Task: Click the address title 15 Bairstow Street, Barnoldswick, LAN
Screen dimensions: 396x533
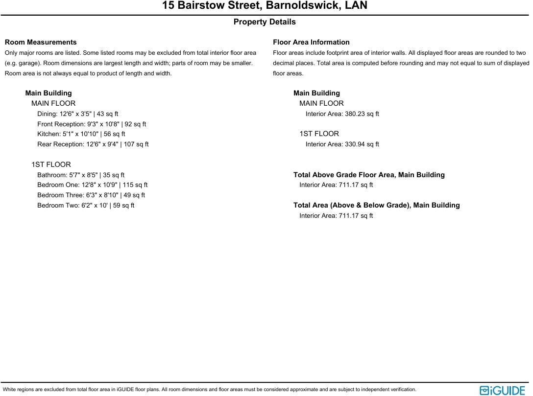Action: (x=265, y=6)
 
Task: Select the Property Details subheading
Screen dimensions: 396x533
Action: (x=265, y=22)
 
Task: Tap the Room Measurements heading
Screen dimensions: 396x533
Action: (x=41, y=42)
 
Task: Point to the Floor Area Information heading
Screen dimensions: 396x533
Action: (x=311, y=42)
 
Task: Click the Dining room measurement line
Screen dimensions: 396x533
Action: (x=77, y=114)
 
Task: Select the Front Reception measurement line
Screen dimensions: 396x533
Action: (x=92, y=124)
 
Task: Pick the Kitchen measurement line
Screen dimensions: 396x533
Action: (x=81, y=134)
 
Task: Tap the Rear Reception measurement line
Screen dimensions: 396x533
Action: (x=93, y=144)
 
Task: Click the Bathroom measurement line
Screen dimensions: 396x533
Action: (x=81, y=175)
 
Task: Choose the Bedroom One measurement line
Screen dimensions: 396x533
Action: (x=93, y=185)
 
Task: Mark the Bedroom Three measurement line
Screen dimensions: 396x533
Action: (x=91, y=195)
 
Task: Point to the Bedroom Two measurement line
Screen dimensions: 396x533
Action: (x=86, y=206)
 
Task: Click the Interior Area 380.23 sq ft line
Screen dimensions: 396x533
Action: (x=342, y=114)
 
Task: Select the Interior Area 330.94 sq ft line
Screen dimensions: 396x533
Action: (x=342, y=144)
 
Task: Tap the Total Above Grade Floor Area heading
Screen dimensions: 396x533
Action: (x=369, y=175)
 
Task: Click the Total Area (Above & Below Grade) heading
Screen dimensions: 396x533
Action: (x=376, y=205)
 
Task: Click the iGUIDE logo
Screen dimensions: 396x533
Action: (x=502, y=390)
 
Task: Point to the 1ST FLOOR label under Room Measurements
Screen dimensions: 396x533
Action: (x=51, y=164)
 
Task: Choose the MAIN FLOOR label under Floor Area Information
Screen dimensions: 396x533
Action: (x=321, y=103)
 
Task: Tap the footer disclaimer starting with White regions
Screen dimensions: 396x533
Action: (x=210, y=390)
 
